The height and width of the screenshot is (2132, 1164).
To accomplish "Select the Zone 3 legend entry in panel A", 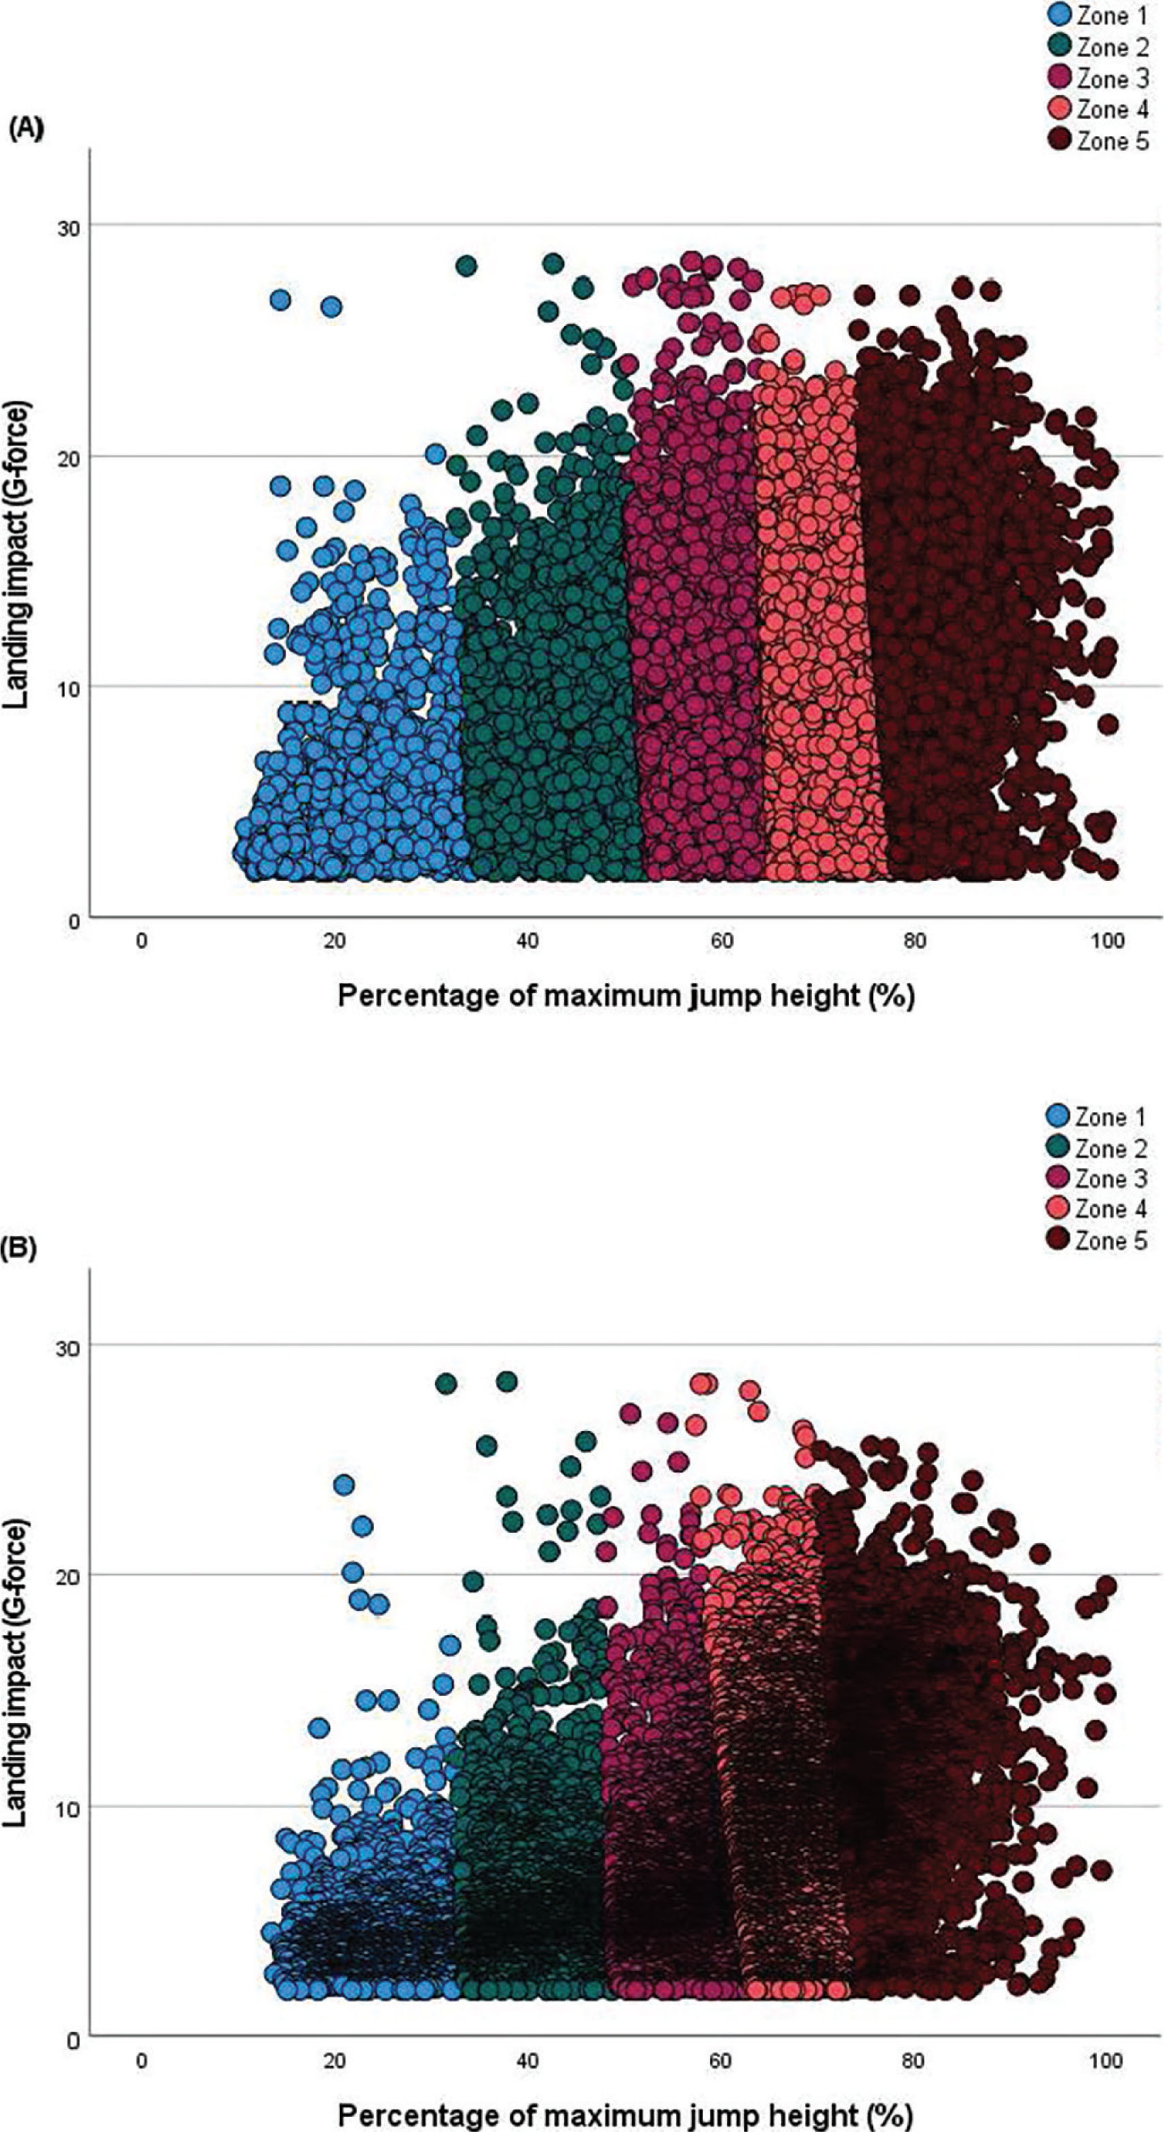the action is click(1097, 79).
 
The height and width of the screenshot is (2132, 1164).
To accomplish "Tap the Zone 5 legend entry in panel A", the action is click(1097, 141).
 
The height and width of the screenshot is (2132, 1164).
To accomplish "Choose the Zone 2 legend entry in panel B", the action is click(1097, 1148).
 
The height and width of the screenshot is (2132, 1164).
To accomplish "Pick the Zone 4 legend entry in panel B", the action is click(1097, 1208).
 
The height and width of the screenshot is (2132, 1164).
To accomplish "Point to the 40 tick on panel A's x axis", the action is click(528, 940).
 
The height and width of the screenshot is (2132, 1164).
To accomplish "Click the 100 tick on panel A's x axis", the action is click(1108, 940).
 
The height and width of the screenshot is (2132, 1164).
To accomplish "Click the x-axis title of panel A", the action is click(625, 996).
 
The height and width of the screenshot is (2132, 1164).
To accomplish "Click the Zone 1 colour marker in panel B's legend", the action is click(1059, 1117).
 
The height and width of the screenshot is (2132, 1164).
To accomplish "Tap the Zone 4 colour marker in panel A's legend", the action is click(1059, 110).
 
